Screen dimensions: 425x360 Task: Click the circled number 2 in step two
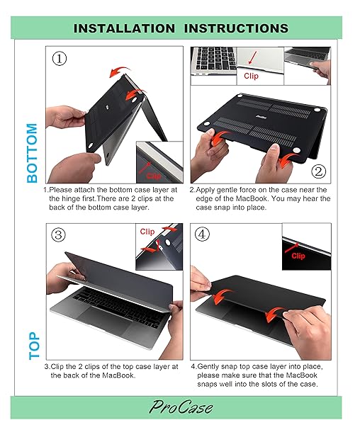(x=318, y=171)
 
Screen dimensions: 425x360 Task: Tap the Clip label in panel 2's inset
(x=252, y=75)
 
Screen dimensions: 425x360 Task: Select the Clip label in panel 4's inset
(x=298, y=256)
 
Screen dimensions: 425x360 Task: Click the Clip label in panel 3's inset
(x=147, y=232)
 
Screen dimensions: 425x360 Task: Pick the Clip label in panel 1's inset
(x=154, y=175)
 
